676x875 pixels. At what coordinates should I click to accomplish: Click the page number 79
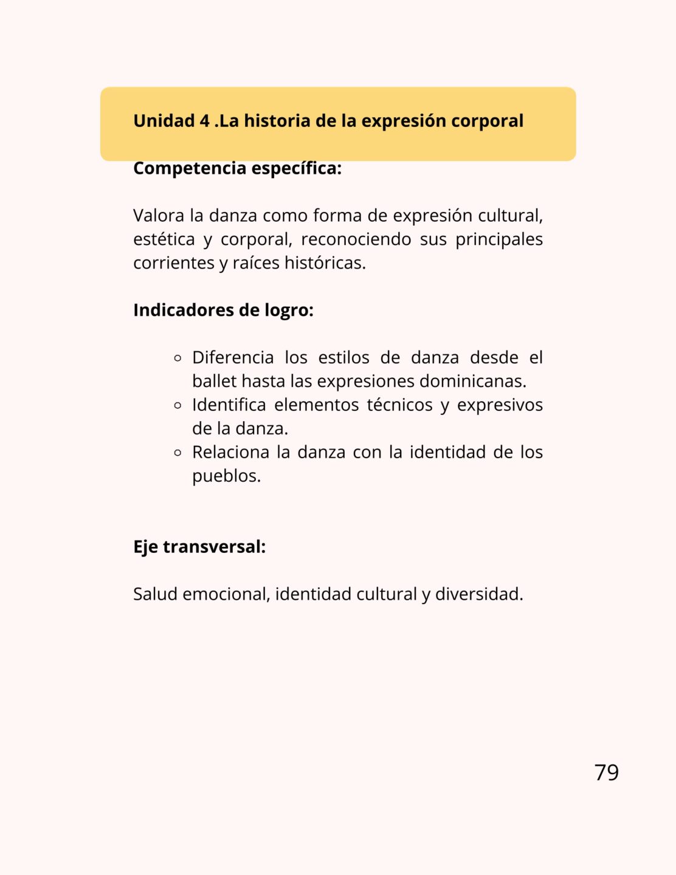pos(606,772)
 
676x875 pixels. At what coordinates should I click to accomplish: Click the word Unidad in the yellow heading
pos(164,121)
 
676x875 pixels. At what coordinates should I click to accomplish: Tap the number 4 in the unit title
pos(205,121)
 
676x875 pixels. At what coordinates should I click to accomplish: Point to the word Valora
pos(159,216)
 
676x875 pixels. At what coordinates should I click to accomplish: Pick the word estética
pos(164,239)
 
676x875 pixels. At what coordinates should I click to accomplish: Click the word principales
pos(498,239)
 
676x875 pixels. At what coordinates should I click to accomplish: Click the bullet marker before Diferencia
pos(178,358)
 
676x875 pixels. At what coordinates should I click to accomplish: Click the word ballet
pos(214,382)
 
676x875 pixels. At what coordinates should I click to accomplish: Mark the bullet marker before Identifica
pos(178,405)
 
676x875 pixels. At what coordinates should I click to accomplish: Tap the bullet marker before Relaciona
pos(178,453)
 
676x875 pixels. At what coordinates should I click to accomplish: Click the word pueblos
pos(226,476)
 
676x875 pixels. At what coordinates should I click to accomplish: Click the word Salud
pos(155,594)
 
